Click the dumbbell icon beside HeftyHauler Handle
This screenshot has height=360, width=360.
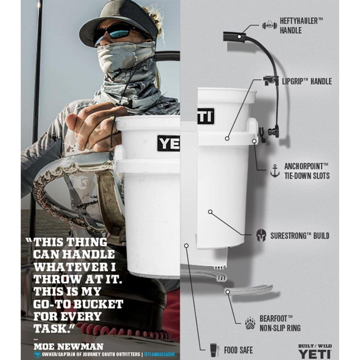[269, 26]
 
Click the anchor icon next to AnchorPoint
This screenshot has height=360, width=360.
[275, 171]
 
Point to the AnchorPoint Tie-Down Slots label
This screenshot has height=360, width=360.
[306, 171]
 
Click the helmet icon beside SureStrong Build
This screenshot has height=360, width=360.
[261, 236]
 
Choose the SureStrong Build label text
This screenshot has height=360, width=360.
[300, 236]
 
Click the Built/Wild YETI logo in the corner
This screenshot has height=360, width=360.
[314, 351]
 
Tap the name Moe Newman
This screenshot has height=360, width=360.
[68, 347]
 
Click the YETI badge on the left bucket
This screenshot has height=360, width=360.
[168, 143]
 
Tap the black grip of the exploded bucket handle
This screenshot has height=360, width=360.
[234, 37]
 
